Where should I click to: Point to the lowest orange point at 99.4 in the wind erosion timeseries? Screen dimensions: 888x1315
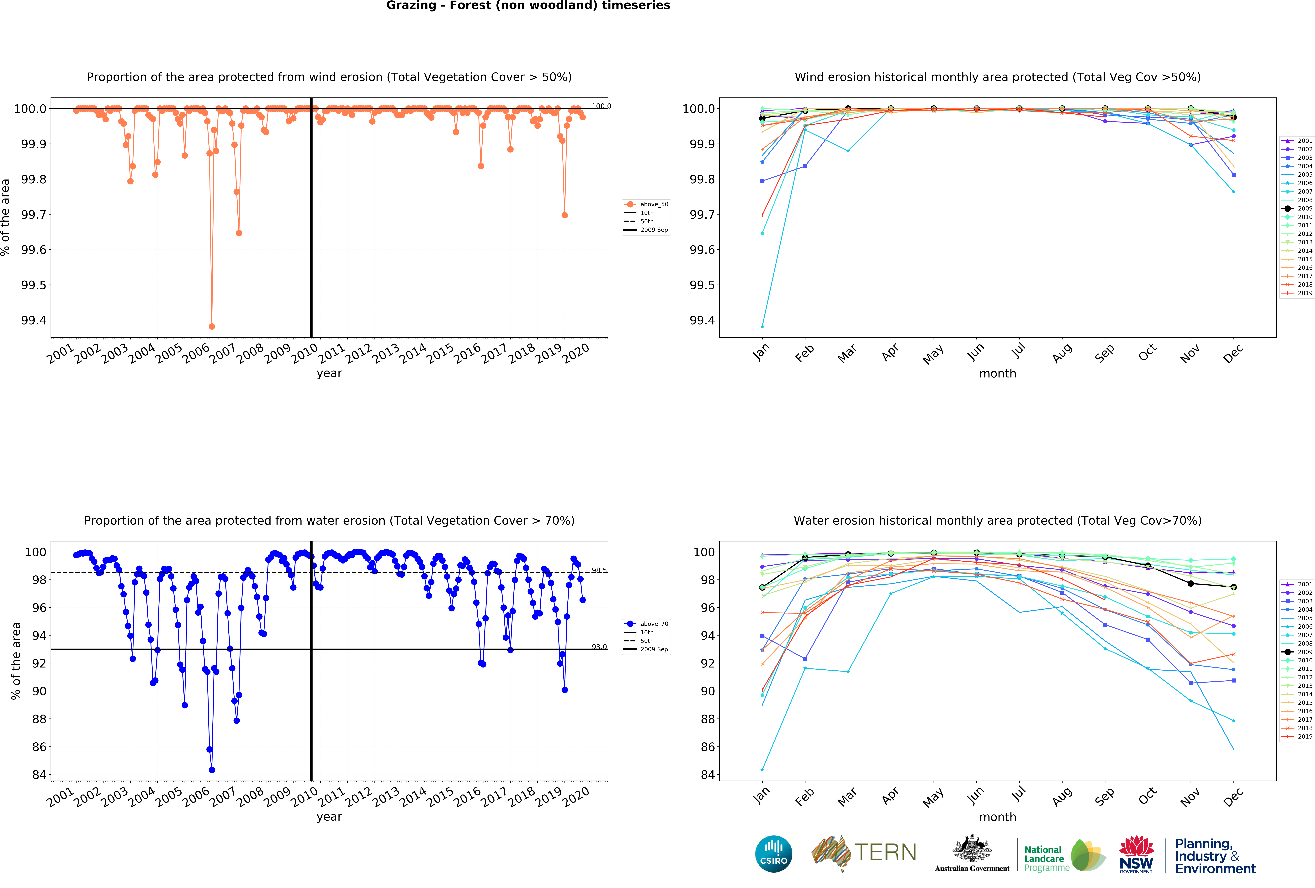(212, 326)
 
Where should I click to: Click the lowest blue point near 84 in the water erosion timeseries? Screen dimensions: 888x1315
(212, 770)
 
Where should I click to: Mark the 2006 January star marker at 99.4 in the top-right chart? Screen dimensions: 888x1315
(762, 326)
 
